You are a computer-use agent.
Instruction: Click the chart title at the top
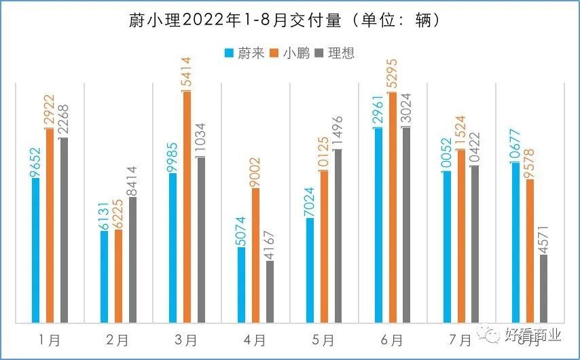[x=289, y=20]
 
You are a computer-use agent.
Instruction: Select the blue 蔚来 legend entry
[x=244, y=53]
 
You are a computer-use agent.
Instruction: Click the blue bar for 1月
[x=36, y=250]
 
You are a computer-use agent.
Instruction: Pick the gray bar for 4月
[x=270, y=291]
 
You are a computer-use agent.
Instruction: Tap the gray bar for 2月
[x=132, y=259]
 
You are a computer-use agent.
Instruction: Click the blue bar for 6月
[x=379, y=225]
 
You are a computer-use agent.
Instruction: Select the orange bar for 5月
[x=324, y=246]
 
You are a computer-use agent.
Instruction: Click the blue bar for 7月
[x=447, y=247]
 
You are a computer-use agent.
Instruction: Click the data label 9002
[x=255, y=172]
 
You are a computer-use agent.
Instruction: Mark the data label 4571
[x=544, y=237]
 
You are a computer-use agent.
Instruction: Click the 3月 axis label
[x=187, y=339]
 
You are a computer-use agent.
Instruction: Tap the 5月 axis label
[x=324, y=339]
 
